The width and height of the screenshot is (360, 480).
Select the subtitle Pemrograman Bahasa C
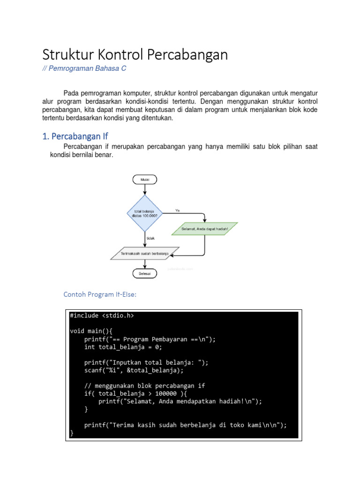pyautogui.click(x=84, y=69)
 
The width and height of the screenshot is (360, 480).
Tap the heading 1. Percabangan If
pyautogui.click(x=75, y=136)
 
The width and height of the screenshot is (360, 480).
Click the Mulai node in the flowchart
pyautogui.click(x=145, y=179)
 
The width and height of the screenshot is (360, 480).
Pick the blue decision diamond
pyautogui.click(x=145, y=214)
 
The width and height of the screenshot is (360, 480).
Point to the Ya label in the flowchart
pyautogui.click(x=177, y=210)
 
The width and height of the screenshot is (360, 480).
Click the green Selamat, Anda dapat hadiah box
pyautogui.click(x=204, y=229)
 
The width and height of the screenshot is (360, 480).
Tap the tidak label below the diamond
pyautogui.click(x=150, y=239)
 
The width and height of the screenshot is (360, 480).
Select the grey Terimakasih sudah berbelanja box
pyautogui.click(x=145, y=254)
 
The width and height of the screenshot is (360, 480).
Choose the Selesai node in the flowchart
pyautogui.click(x=145, y=274)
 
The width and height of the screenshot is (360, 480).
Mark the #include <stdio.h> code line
pyautogui.click(x=102, y=315)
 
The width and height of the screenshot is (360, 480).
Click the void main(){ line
pyautogui.click(x=95, y=331)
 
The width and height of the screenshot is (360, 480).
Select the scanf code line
pyautogui.click(x=134, y=370)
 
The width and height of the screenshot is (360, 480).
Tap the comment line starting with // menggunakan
pyautogui.click(x=145, y=386)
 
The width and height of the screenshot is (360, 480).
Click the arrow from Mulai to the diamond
pyautogui.click(x=145, y=189)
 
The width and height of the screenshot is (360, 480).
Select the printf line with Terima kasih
pyautogui.click(x=185, y=425)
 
